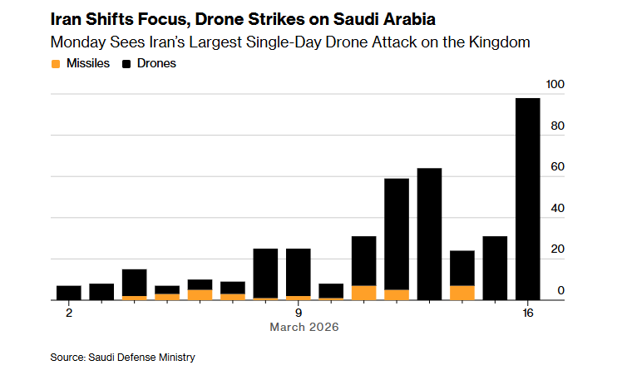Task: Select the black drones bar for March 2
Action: [69, 292]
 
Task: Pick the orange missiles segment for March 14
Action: [462, 292]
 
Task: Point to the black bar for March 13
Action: [429, 234]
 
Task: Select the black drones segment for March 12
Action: [397, 234]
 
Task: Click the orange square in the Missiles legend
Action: [56, 63]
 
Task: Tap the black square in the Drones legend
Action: [127, 63]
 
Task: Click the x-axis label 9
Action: [299, 313]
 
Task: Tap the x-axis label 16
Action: [528, 313]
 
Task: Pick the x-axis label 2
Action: [69, 313]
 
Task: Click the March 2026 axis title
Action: [304, 328]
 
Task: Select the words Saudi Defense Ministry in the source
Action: [142, 358]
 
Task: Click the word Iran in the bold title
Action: [67, 18]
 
